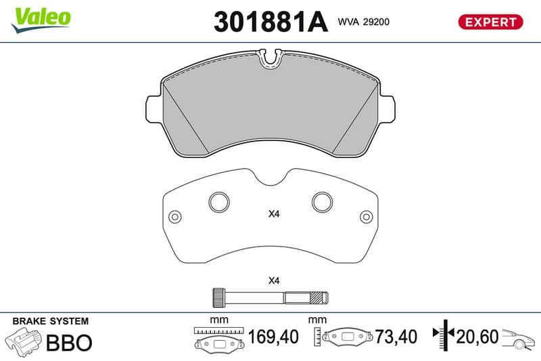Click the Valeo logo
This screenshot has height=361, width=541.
point(41,20)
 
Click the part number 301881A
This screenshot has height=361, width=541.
point(270,22)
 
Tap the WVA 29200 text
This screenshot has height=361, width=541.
point(364,22)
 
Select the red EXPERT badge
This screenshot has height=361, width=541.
point(490,22)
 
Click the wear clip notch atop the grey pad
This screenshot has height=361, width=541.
point(270,58)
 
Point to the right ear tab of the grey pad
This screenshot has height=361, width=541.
point(387,108)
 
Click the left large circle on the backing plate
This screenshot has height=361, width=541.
point(219,202)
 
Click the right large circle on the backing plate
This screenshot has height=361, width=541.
point(323,202)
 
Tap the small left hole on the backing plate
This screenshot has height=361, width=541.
point(175,217)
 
